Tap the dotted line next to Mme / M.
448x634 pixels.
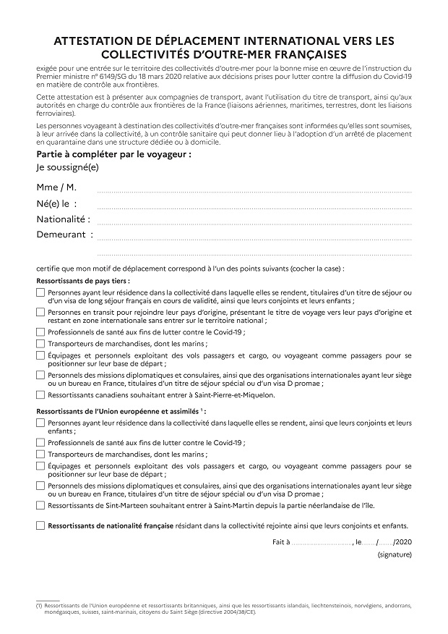coord(254,191)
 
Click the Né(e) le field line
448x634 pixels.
coord(254,207)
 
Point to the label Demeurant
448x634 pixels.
coord(64,234)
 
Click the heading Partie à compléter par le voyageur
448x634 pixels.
coord(113,155)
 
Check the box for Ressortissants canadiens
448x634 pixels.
coord(40,395)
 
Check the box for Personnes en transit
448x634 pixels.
coord(40,313)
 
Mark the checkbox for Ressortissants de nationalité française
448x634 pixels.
coord(40,525)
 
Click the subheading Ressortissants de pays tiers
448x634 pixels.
coord(83,280)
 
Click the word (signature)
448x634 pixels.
coord(394,554)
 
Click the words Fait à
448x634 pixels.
coord(281,541)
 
